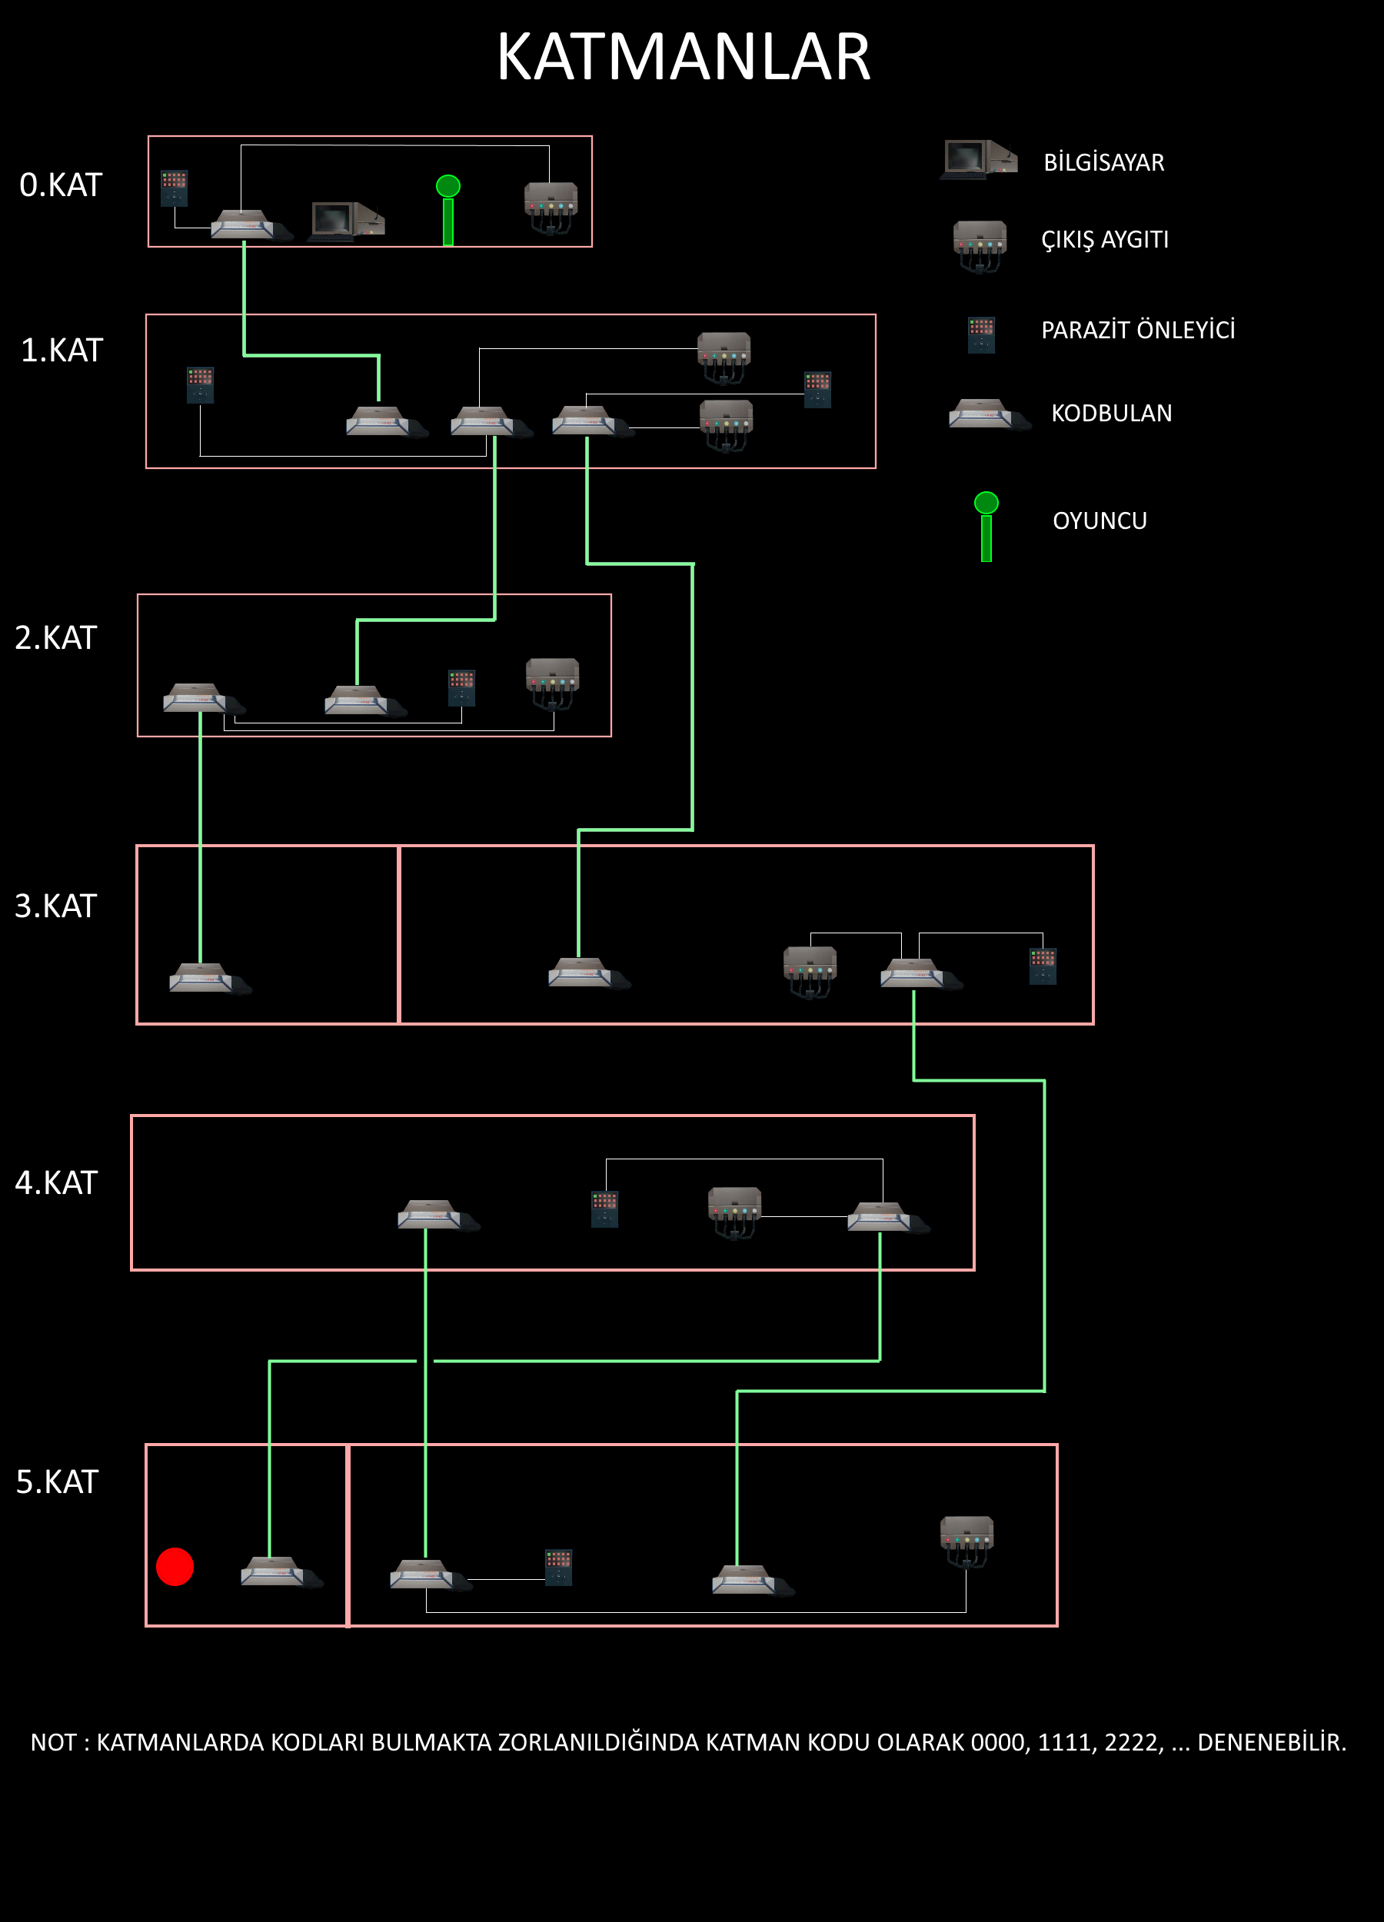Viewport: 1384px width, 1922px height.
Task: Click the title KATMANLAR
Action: (683, 58)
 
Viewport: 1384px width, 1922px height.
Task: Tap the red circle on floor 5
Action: (175, 1566)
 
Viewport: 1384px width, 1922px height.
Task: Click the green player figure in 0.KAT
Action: (447, 209)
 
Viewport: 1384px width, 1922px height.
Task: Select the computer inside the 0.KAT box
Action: (347, 221)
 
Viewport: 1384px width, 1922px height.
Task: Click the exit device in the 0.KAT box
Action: (551, 206)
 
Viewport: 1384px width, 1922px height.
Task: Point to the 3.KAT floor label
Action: (56, 906)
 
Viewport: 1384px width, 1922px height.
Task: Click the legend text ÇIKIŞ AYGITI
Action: (1104, 240)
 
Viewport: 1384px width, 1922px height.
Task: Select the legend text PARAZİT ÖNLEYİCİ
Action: (1137, 330)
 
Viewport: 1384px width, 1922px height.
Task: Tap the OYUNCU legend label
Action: (1100, 520)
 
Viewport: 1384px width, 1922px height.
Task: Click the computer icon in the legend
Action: (978, 159)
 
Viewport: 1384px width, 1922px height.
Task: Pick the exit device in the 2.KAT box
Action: (553, 682)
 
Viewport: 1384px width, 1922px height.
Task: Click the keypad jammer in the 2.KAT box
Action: (462, 688)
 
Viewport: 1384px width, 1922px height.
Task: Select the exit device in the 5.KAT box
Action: (967, 1541)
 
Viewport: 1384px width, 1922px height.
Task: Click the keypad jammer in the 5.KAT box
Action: (558, 1567)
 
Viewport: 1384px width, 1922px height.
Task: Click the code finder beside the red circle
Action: (274, 1572)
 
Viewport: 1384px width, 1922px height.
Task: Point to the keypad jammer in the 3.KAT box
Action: (1043, 966)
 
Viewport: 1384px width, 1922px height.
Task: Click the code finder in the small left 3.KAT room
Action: (204, 978)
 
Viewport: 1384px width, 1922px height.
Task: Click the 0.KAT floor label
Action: (60, 185)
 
